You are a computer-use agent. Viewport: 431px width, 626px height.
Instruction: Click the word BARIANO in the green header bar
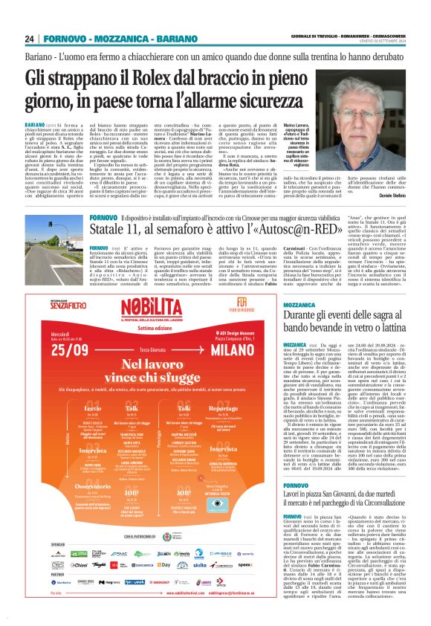158,39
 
